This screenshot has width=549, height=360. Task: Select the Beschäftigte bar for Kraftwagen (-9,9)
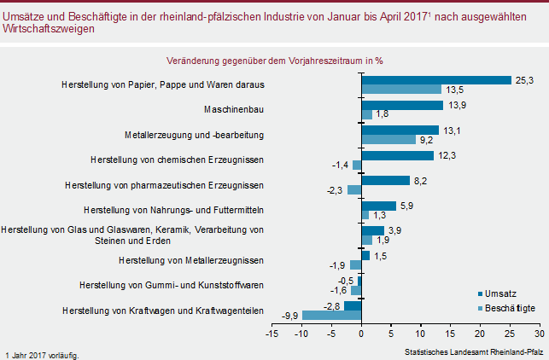pyautogui.click(x=332, y=316)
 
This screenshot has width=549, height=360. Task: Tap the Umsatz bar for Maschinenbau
pyautogui.click(x=402, y=105)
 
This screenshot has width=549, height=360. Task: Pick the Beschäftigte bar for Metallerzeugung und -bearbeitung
pyautogui.click(x=388, y=139)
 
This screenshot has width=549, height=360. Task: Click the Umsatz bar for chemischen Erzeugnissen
pyautogui.click(x=397, y=155)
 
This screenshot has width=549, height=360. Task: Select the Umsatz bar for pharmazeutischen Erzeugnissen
pyautogui.click(x=385, y=181)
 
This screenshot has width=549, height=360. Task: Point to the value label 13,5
pyautogui.click(x=455, y=90)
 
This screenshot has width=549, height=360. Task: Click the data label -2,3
pyautogui.click(x=334, y=190)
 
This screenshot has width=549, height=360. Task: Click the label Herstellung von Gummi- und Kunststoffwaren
pyautogui.click(x=171, y=284)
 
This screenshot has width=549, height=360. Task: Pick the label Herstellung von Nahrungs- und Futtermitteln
pyautogui.click(x=174, y=209)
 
